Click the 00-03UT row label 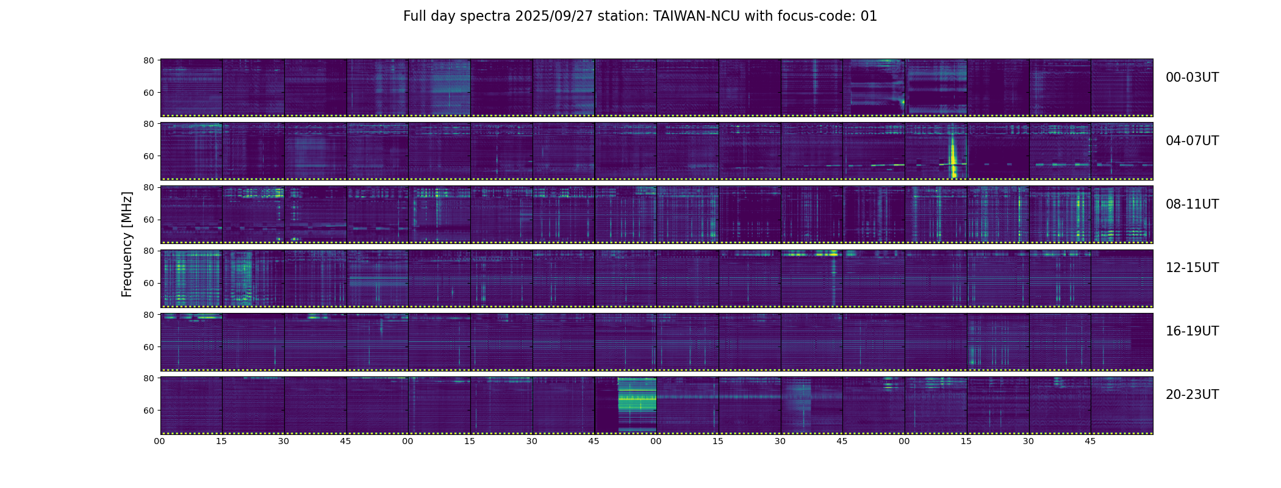click(x=1192, y=77)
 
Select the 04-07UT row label click(x=1192, y=141)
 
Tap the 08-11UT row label click(x=1192, y=204)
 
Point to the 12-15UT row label click(x=1192, y=268)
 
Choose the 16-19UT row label click(x=1192, y=331)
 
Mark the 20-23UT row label click(x=1192, y=395)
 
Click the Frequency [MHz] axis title click(x=127, y=244)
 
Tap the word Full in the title click(x=414, y=16)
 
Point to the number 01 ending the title click(x=869, y=16)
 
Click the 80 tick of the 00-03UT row click(x=148, y=60)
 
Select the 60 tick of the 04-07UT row click(x=148, y=156)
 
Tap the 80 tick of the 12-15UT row click(x=148, y=251)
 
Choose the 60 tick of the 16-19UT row click(x=148, y=346)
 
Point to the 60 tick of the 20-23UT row click(x=148, y=410)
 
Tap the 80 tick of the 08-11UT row click(x=148, y=187)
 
